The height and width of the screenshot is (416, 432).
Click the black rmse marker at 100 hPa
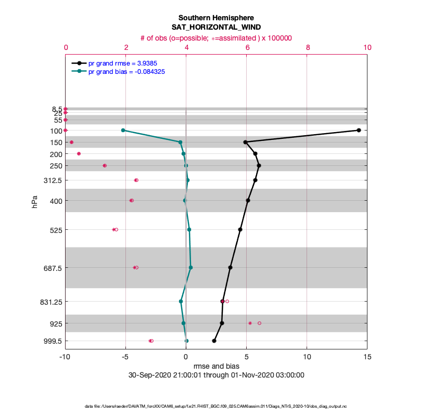(x=359, y=130)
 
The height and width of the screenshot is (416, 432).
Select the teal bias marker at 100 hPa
(x=123, y=130)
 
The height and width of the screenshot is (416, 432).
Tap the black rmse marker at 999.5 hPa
(x=214, y=341)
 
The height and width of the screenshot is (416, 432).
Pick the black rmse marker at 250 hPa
(x=259, y=165)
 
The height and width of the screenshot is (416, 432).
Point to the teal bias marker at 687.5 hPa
(x=190, y=267)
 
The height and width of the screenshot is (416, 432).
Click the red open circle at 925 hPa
(x=259, y=323)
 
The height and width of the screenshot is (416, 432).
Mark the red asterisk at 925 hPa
(x=250, y=323)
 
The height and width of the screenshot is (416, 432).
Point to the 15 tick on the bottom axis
(x=367, y=357)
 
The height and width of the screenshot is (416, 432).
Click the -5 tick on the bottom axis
(x=125, y=357)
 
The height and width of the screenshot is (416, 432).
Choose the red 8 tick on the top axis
(x=308, y=47)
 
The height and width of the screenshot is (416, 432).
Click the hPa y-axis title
(x=35, y=202)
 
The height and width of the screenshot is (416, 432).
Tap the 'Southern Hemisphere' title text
(x=216, y=18)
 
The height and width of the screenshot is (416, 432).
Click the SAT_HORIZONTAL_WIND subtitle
(x=216, y=27)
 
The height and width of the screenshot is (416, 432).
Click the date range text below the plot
(x=216, y=375)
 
